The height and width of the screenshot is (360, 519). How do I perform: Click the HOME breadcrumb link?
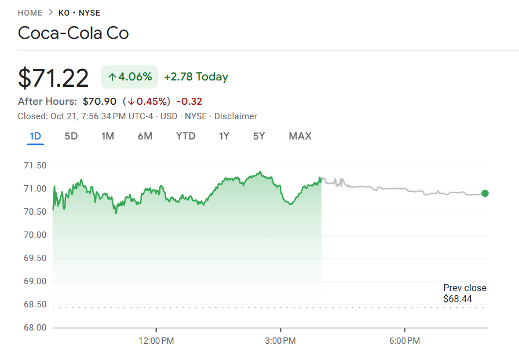[x=30, y=13]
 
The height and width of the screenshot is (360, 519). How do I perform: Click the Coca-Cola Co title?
[x=73, y=33]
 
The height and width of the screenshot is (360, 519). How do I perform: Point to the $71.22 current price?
[x=53, y=78]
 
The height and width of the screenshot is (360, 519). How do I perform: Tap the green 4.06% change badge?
[x=130, y=77]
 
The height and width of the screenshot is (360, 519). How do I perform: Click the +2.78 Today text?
[x=196, y=77]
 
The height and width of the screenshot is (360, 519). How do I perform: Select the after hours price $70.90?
[x=100, y=101]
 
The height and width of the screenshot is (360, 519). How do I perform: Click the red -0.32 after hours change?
[x=189, y=101]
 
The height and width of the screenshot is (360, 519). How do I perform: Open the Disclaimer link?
[x=235, y=116]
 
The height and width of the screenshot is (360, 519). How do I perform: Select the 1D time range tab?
[x=35, y=136]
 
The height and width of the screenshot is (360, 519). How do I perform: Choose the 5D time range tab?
[x=71, y=136]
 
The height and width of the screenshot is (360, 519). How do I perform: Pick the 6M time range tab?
[x=145, y=136]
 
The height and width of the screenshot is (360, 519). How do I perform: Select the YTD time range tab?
[x=186, y=136]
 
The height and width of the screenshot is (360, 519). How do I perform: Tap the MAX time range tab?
[x=300, y=136]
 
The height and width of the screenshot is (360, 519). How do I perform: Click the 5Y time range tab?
[x=259, y=136]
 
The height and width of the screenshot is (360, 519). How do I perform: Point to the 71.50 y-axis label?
[x=34, y=166]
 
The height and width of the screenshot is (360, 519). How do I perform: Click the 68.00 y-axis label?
[x=34, y=328]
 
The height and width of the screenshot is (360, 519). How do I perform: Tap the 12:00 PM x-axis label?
[x=156, y=341]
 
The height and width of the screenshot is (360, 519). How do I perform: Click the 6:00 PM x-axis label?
[x=404, y=341]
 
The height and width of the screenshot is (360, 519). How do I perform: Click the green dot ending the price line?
[x=485, y=193]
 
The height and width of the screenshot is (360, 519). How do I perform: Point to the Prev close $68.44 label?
[x=465, y=293]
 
